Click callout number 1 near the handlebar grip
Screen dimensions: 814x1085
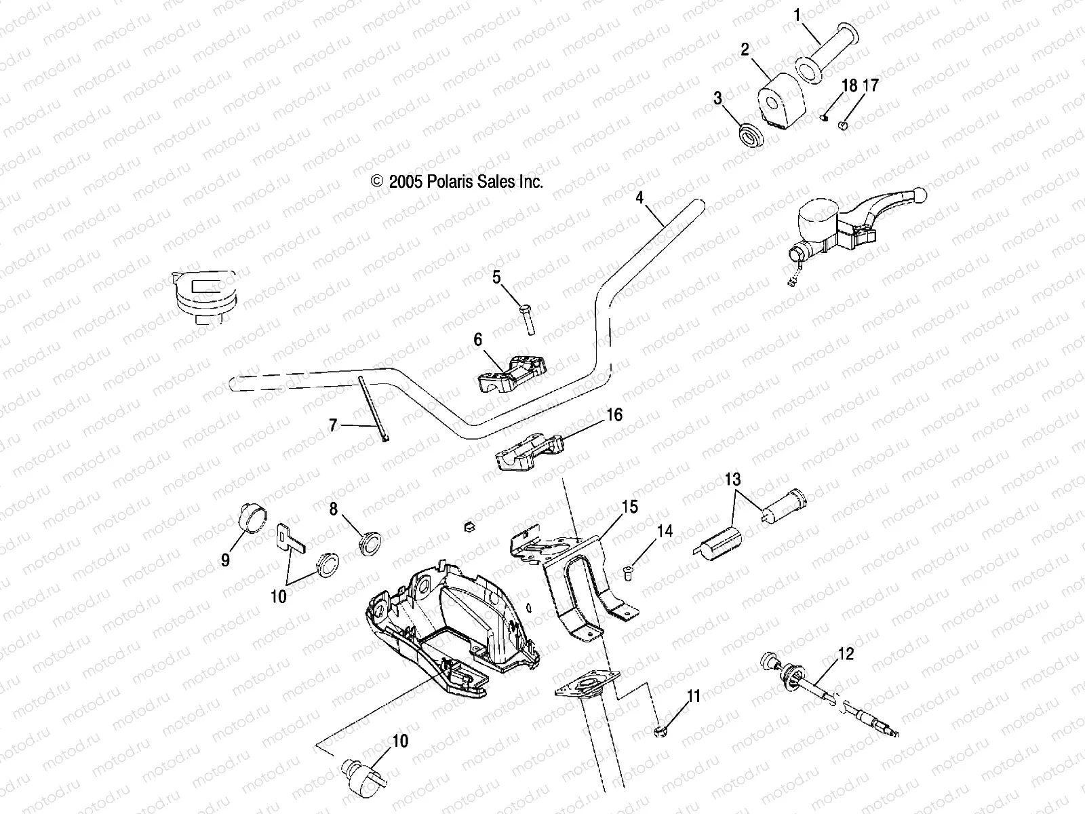[x=797, y=14]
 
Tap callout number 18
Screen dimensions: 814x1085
[x=849, y=86]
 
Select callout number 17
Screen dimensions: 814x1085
[x=870, y=86]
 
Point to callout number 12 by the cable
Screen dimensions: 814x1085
[x=846, y=654]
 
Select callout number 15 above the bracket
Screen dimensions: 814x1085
[x=630, y=507]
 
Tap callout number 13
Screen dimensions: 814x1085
[x=733, y=480]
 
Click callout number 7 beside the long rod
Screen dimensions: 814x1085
[x=333, y=425]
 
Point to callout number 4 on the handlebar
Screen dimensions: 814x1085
[x=639, y=197]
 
